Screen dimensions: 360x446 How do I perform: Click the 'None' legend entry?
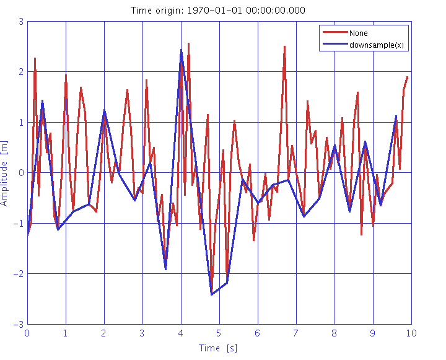(x=357, y=33)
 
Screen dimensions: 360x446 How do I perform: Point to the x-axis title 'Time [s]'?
(x=218, y=348)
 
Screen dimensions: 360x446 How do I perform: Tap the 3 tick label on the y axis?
(x=20, y=21)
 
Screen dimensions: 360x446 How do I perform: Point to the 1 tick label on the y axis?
(x=20, y=122)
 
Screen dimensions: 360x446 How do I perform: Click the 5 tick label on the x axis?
(x=219, y=333)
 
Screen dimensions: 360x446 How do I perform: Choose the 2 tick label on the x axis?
(x=104, y=333)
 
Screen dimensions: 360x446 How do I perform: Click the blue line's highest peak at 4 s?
(x=181, y=50)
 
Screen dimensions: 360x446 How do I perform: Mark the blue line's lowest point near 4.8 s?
(x=212, y=294)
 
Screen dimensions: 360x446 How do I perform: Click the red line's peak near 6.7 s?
(x=284, y=46)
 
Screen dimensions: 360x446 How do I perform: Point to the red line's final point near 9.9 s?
(x=408, y=77)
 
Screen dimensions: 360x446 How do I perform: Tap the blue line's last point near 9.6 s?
(x=396, y=116)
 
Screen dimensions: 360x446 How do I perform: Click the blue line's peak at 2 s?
(x=104, y=111)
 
